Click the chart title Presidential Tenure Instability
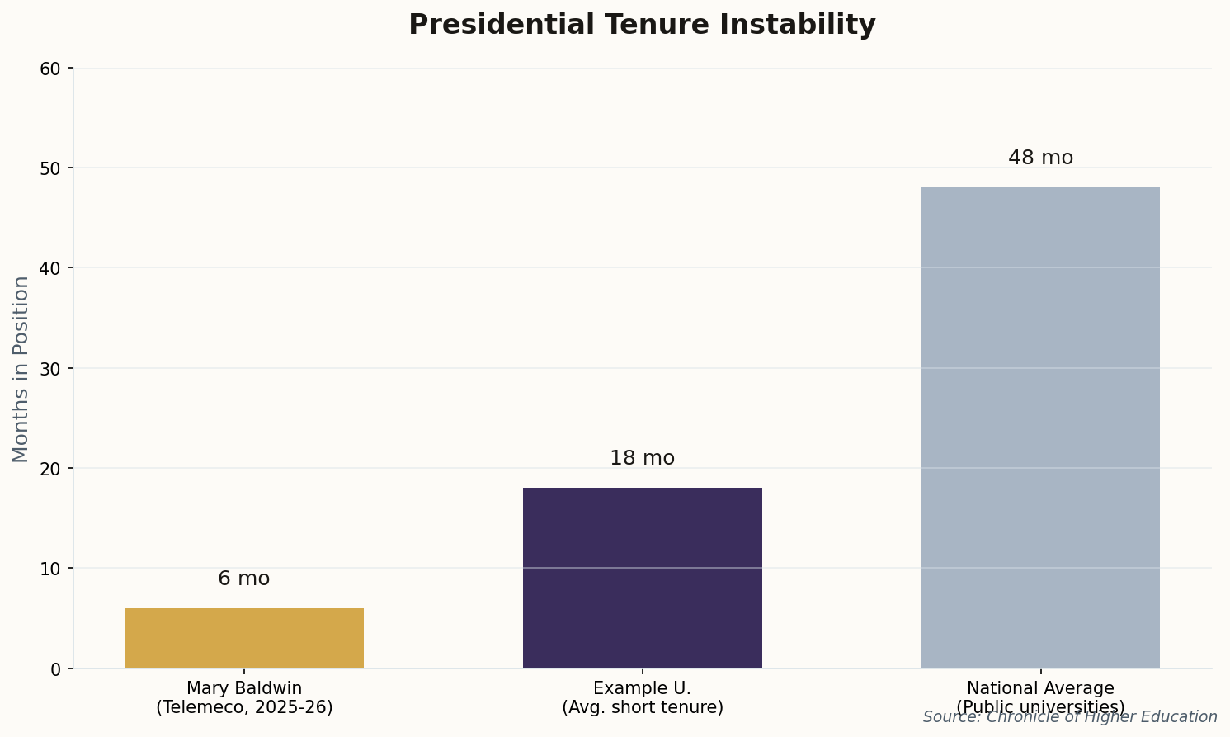(x=642, y=25)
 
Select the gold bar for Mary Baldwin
(x=244, y=638)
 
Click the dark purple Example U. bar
(x=642, y=578)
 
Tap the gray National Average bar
(x=1040, y=428)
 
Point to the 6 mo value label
(x=244, y=579)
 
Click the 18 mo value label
(x=642, y=458)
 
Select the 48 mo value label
(x=1040, y=158)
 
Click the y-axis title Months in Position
(x=21, y=369)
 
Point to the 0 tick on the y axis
(x=56, y=668)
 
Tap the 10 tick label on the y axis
(x=51, y=569)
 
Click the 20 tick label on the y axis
(x=51, y=469)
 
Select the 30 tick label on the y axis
(x=51, y=368)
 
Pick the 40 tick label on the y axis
(x=51, y=268)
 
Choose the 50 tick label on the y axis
(x=51, y=168)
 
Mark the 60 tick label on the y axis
(x=51, y=69)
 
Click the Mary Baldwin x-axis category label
(x=244, y=697)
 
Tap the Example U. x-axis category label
(x=642, y=697)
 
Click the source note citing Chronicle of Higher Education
(x=1070, y=717)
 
